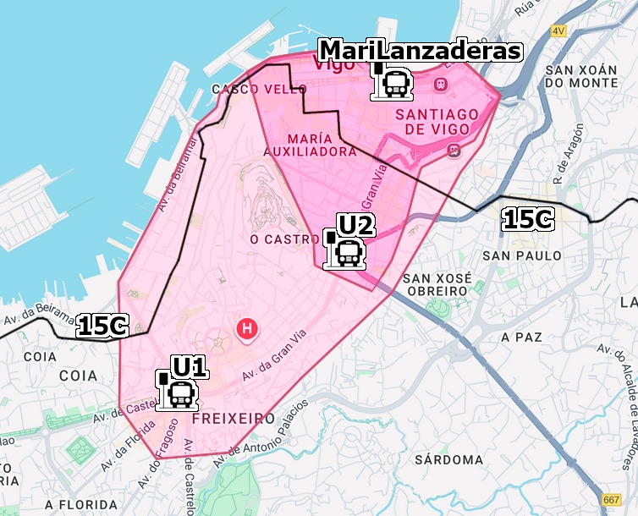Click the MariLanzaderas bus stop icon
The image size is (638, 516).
[x=393, y=83]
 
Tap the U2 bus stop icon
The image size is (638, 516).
[x=346, y=251]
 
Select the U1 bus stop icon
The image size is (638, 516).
[x=179, y=392]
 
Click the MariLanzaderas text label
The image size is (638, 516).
[x=420, y=51]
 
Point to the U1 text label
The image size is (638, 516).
[x=190, y=367]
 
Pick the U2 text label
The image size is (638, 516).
[x=355, y=225]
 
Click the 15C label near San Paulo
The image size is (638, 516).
[x=527, y=220]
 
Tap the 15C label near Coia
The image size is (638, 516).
[x=102, y=326]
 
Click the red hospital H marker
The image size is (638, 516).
[x=247, y=327]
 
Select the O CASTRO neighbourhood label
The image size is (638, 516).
[x=284, y=239]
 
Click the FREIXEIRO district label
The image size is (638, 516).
[x=234, y=419]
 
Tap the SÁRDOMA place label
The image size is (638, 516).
[x=448, y=460]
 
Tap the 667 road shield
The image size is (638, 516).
[x=610, y=500]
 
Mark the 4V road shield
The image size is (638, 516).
[x=558, y=31]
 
